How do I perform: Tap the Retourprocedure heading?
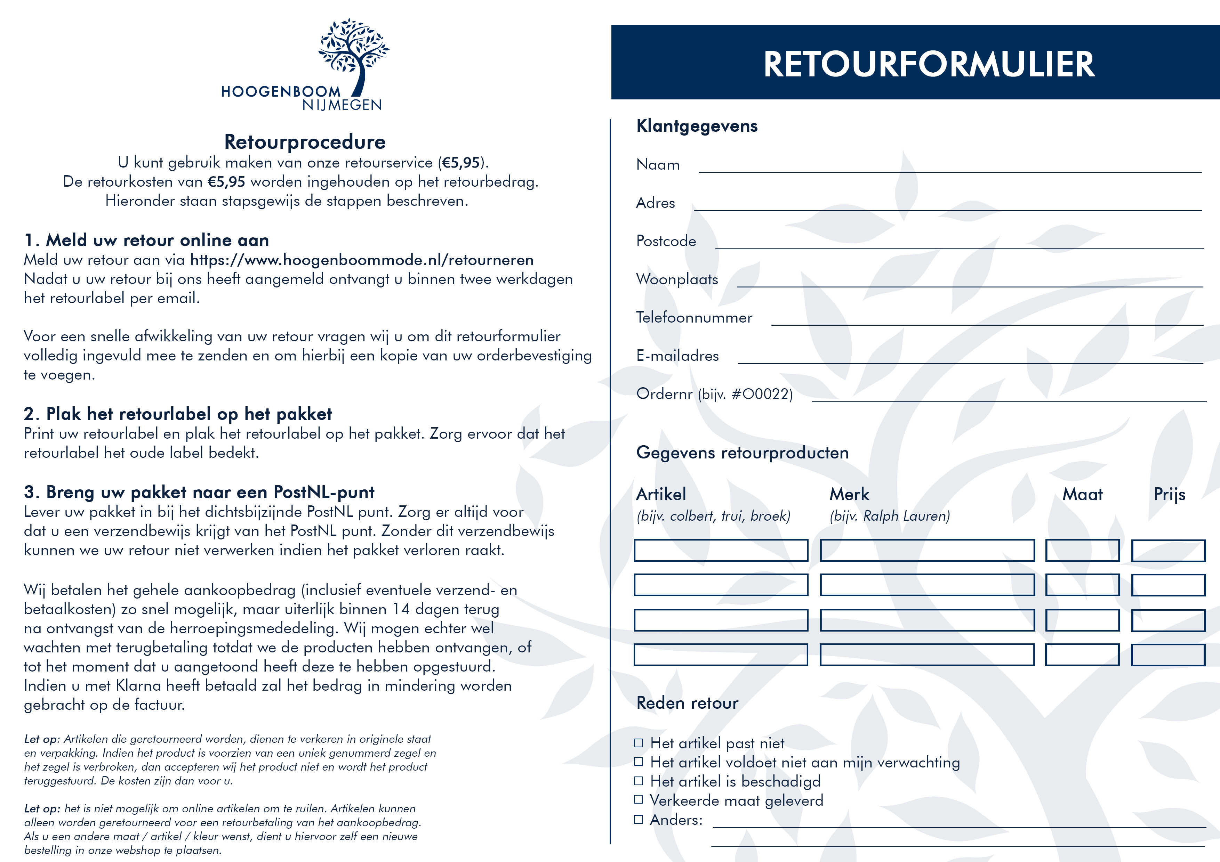[x=305, y=142]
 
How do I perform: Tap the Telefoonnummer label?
[x=694, y=318]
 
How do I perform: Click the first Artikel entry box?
[x=721, y=550]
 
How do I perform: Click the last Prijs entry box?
[x=1168, y=655]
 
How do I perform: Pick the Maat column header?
[x=1082, y=495]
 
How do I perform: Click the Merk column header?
[x=849, y=495]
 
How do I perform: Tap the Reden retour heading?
[x=687, y=703]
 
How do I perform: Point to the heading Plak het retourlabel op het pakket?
[x=188, y=414]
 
